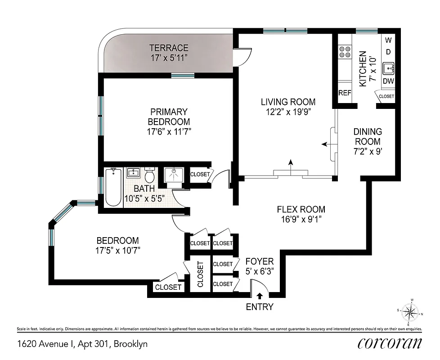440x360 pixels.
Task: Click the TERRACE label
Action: (x=169, y=48)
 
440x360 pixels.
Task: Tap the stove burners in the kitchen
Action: (x=346, y=52)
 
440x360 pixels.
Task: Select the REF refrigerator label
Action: (x=345, y=93)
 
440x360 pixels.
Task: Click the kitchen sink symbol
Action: (x=388, y=69)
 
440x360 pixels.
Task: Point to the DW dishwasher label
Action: (x=388, y=81)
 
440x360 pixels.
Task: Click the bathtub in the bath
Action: (x=113, y=187)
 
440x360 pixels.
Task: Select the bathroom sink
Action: (x=133, y=173)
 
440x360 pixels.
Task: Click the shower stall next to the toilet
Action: (x=173, y=174)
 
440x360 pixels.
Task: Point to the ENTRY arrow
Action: (x=260, y=296)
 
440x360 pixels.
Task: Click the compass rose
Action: (x=410, y=312)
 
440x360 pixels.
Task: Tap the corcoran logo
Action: (x=390, y=343)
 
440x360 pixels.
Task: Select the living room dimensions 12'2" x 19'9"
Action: (x=288, y=112)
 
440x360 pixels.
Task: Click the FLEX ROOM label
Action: (x=301, y=209)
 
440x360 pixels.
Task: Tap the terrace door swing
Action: (x=242, y=56)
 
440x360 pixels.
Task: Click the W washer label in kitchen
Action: (x=388, y=40)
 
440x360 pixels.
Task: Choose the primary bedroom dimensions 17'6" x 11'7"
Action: (x=169, y=132)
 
